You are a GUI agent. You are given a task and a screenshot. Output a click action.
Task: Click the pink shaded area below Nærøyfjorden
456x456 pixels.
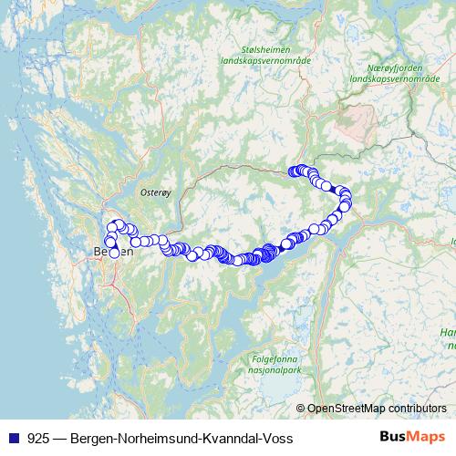(355, 119)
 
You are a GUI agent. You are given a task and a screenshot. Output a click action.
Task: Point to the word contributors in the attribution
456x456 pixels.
(416, 409)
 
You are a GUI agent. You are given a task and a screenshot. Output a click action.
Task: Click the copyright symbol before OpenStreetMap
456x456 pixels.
(300, 409)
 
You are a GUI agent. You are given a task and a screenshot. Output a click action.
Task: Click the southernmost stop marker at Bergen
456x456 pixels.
(114, 254)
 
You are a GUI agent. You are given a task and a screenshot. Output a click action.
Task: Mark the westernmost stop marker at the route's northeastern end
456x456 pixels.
(293, 171)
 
